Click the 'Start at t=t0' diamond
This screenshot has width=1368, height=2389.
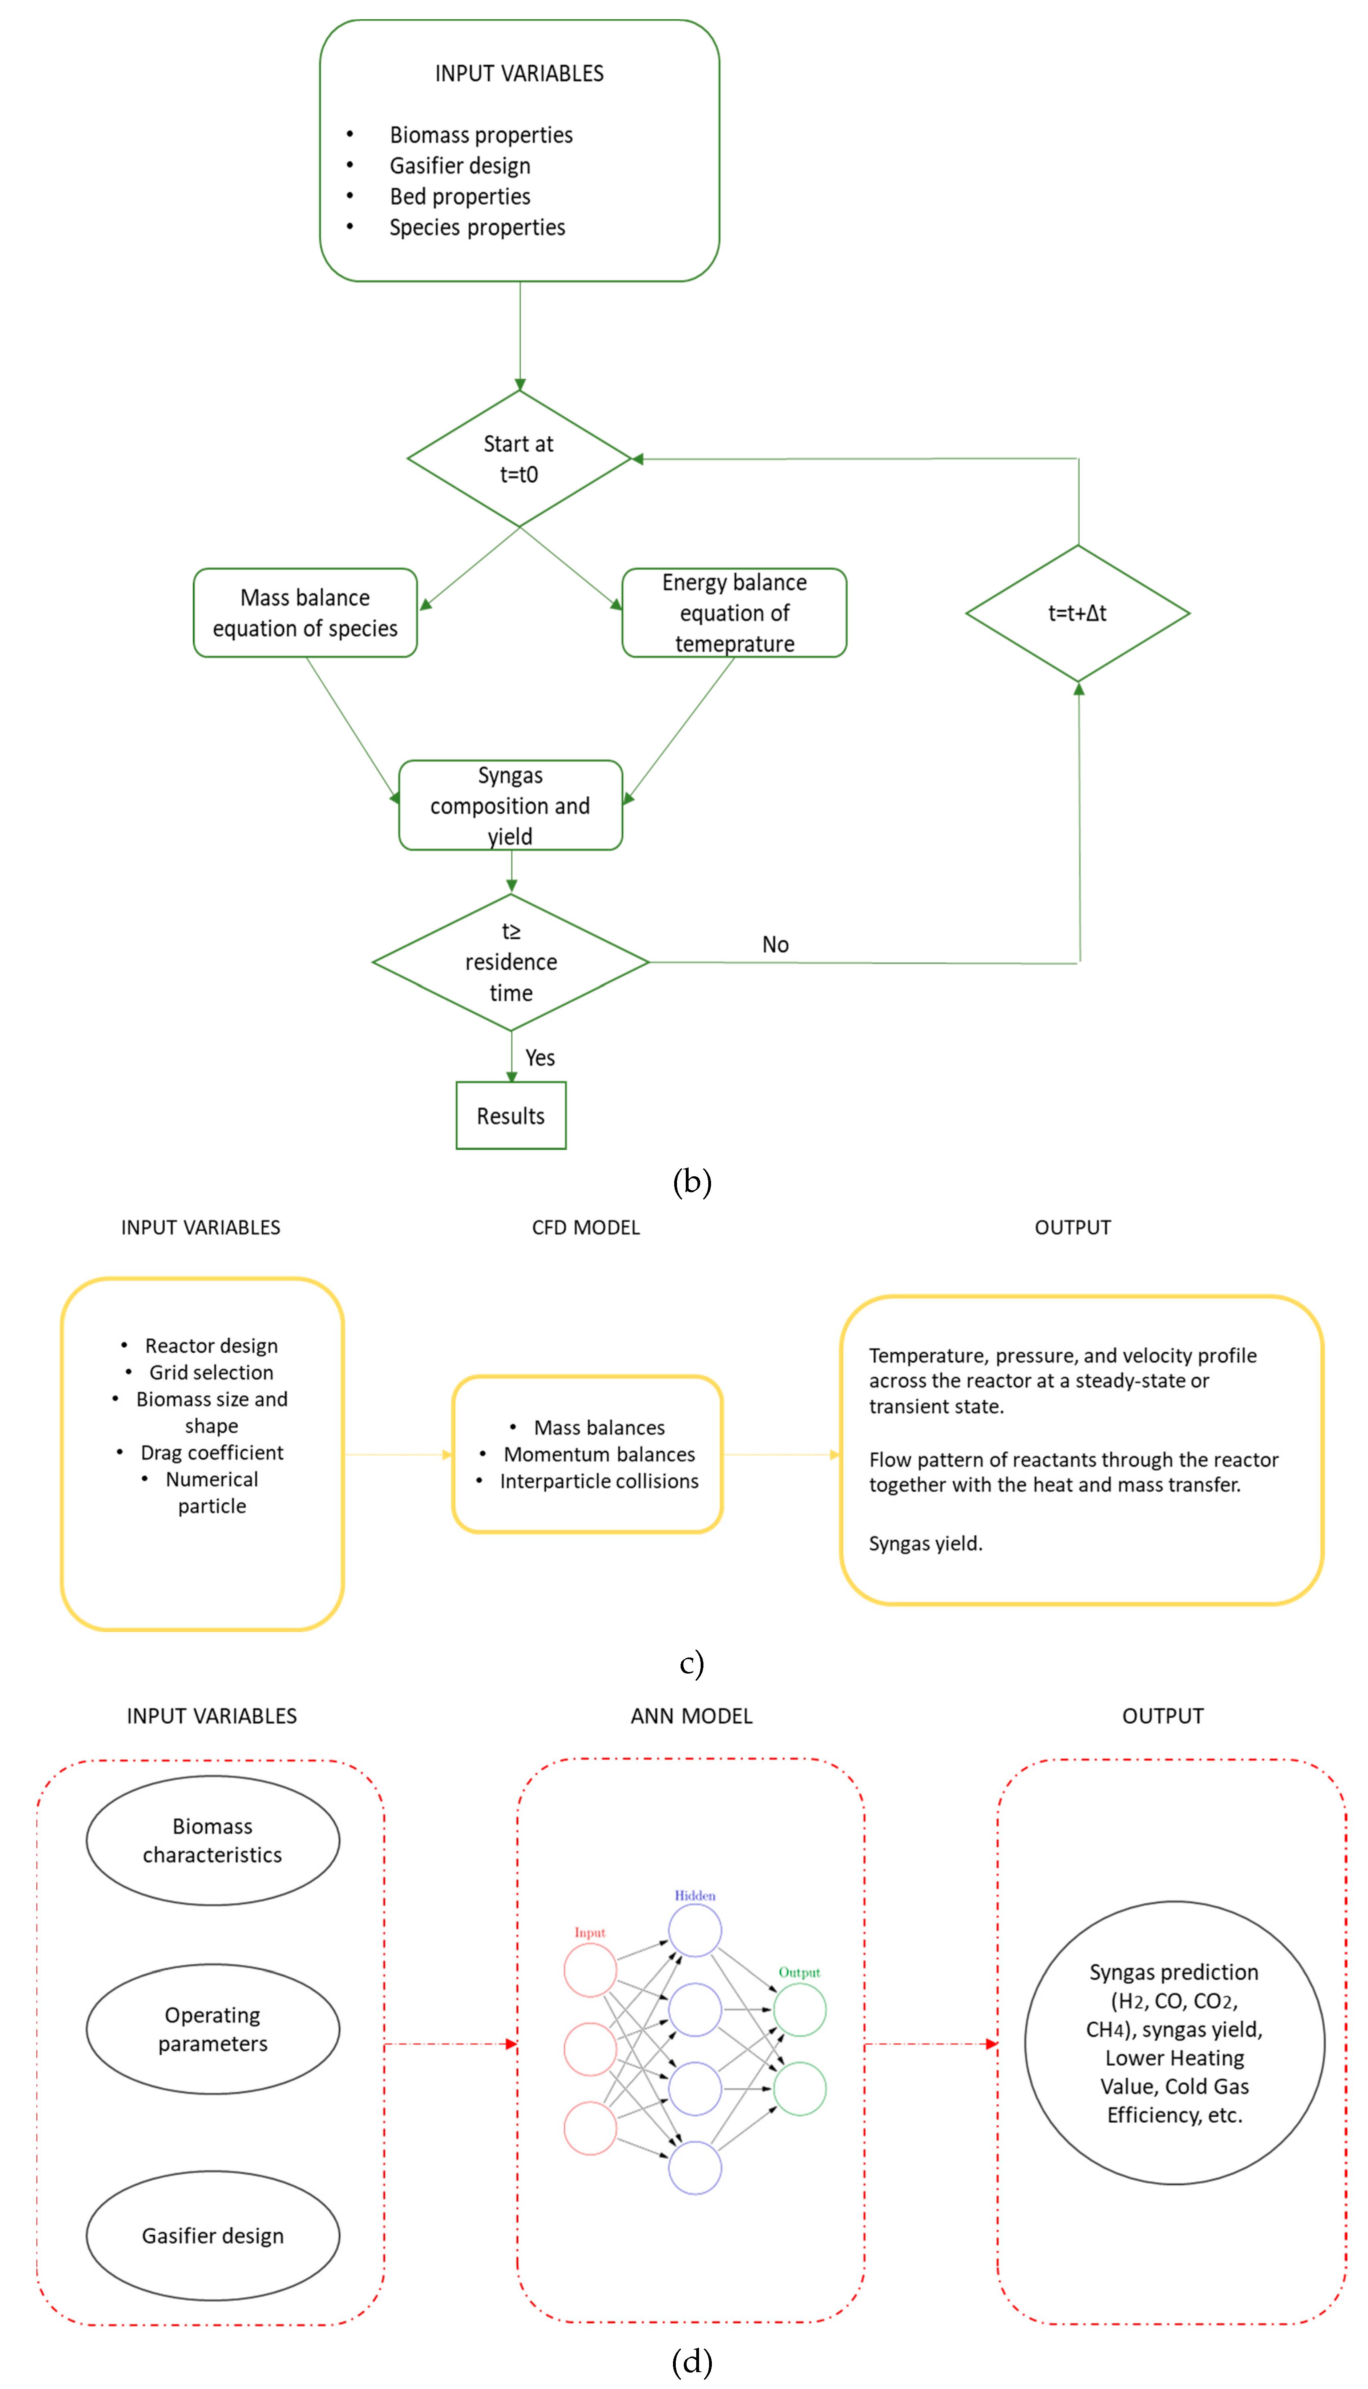point(519,459)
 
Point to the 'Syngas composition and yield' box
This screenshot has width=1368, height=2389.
point(510,805)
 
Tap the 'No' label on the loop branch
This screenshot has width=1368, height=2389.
point(775,944)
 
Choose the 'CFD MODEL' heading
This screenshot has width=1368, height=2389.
point(585,1228)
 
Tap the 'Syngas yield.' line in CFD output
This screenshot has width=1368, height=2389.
point(925,1543)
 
